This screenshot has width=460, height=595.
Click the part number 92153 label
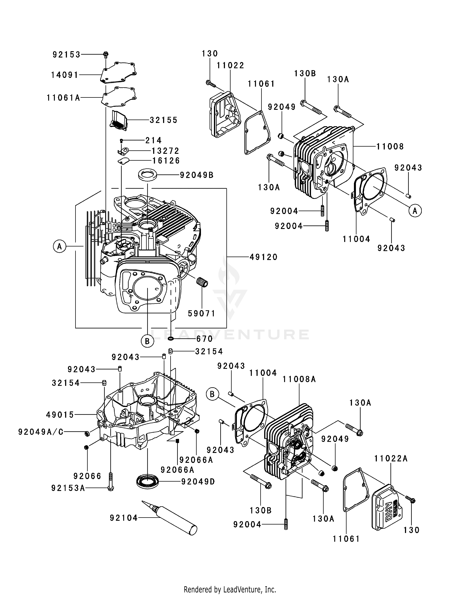[67, 55]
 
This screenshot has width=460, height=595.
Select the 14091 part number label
[65, 75]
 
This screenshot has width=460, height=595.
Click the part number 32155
[163, 120]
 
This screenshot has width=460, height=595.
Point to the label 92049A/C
[41, 432]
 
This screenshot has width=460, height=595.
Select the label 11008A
[299, 379]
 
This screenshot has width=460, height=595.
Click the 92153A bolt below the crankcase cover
[110, 482]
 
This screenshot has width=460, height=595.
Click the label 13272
[165, 151]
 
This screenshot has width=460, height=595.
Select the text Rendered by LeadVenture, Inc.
[230, 587]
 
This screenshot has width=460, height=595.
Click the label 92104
[124, 518]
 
